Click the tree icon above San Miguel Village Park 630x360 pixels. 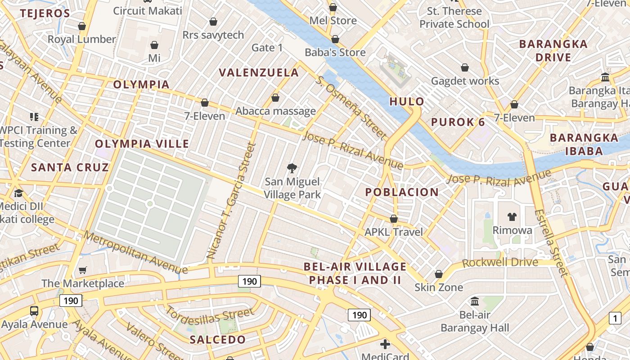click(292, 169)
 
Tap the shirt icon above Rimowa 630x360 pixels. click(512, 217)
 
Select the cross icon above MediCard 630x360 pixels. click(385, 344)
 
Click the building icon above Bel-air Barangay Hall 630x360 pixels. click(475, 301)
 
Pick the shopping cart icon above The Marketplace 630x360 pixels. click(82, 270)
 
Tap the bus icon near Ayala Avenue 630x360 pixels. click(34, 310)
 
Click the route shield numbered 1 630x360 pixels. click(615, 318)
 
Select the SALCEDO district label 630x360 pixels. click(218, 339)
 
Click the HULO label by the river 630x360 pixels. click(407, 101)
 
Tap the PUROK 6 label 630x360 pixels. click(458, 122)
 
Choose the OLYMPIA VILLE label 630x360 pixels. click(142, 144)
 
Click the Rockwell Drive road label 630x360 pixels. click(500, 262)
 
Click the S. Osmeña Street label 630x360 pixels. click(351, 107)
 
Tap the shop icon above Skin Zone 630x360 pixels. click(439, 274)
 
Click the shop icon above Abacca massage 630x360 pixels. click(275, 98)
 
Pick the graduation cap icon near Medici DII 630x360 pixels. click(18, 193)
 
